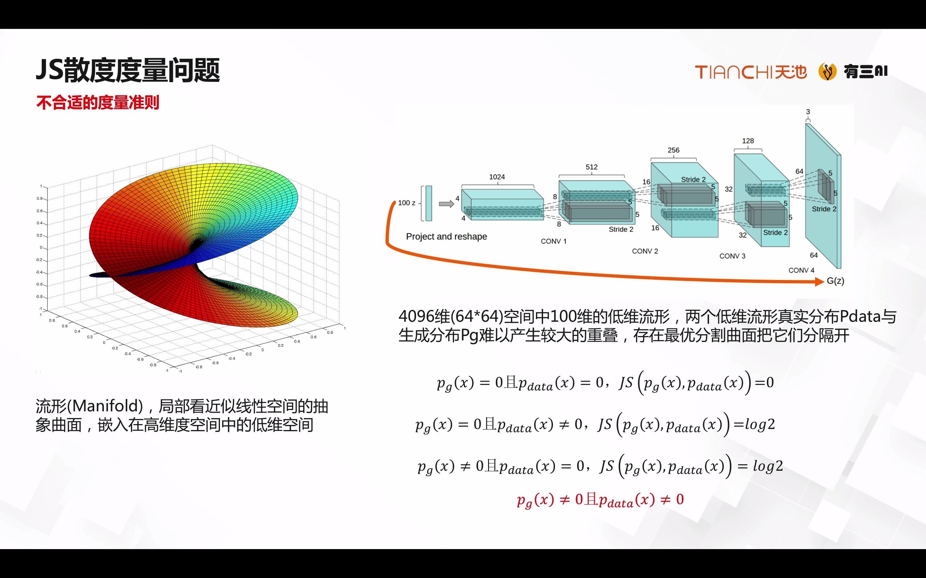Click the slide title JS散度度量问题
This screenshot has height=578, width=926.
pos(128,70)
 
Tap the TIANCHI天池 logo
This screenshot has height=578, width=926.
pos(751,72)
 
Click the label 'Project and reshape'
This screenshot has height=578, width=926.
pos(446,237)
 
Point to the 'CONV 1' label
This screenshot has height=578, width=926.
pos(553,241)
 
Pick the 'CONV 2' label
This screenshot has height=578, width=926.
pos(645,251)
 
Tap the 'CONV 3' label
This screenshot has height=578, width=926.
pos(732,256)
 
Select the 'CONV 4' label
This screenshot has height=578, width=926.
pos(801,270)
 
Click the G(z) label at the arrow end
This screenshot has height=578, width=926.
pos(835,281)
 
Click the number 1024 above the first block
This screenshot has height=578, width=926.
pos(497,177)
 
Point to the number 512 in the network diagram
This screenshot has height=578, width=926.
pos(591,167)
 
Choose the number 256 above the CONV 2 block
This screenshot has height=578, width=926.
pos(674,150)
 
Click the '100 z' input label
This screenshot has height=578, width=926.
pos(406,203)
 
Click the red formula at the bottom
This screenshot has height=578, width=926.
pos(600,500)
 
